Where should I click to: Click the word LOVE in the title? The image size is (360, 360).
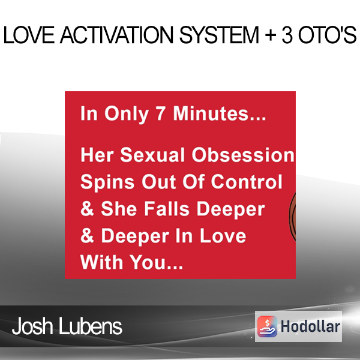click(29, 35)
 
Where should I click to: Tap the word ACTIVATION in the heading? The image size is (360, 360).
click(116, 35)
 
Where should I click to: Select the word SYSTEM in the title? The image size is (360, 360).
click(219, 35)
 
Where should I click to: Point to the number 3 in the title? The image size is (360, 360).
click(287, 35)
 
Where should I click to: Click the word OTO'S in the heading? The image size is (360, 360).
click(327, 35)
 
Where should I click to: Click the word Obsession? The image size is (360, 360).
click(242, 155)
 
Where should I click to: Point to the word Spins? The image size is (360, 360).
click(107, 182)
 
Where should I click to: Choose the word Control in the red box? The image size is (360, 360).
click(247, 182)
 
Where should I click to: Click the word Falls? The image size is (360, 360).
click(167, 209)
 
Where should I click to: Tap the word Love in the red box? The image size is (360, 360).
click(223, 236)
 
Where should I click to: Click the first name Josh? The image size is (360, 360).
click(32, 326)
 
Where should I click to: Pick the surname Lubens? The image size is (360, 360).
click(91, 326)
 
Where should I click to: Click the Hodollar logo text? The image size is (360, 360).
click(310, 326)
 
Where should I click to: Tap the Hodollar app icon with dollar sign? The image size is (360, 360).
click(267, 326)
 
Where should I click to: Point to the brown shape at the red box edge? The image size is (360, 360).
click(292, 217)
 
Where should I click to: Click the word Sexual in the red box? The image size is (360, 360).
click(152, 155)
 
